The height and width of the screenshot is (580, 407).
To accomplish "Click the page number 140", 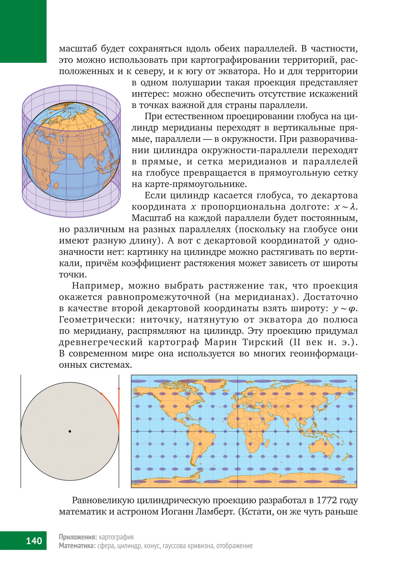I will (x=34, y=541).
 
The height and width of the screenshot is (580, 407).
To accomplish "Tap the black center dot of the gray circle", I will (x=70, y=432).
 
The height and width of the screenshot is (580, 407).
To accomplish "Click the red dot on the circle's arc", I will (x=101, y=394).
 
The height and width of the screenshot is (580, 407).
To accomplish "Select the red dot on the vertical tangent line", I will (x=119, y=389).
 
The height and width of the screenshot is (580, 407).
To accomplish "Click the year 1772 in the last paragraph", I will (x=327, y=501).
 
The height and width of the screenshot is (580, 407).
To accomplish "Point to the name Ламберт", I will (x=215, y=512).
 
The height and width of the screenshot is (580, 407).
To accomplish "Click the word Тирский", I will (x=263, y=342).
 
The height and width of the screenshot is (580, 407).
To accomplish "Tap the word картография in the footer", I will (x=116, y=537).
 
